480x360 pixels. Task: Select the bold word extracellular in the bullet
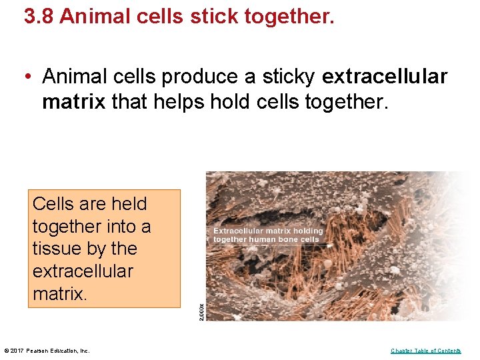[384, 77]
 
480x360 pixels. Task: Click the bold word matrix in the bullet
[74, 102]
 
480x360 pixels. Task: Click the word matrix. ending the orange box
[59, 294]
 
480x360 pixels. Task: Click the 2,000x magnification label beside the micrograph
[202, 311]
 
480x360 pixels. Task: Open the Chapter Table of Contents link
[425, 351]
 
